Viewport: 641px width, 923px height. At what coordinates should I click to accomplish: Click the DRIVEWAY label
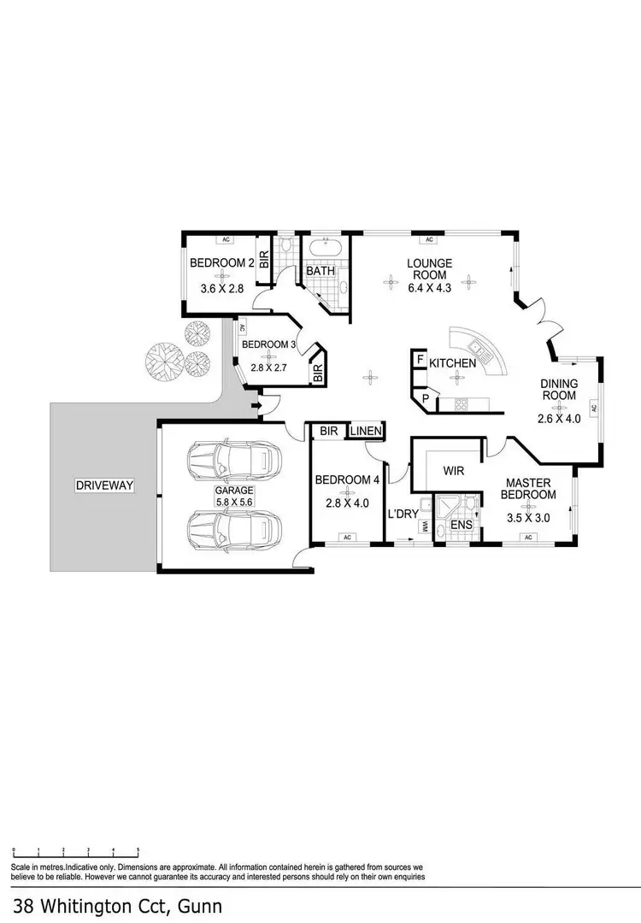(105, 485)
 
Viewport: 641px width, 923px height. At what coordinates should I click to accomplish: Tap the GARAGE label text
(233, 491)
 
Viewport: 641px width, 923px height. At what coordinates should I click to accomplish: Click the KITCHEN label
(452, 363)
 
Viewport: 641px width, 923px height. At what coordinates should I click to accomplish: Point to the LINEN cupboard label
(365, 432)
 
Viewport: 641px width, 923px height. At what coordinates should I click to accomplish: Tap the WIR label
(453, 470)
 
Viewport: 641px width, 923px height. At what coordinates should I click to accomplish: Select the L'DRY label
(401, 514)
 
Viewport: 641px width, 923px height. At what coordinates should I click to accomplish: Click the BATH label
(320, 272)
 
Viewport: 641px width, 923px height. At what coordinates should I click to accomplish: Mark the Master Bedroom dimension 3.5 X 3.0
(527, 518)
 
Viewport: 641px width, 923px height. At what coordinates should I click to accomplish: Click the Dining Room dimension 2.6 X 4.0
(559, 419)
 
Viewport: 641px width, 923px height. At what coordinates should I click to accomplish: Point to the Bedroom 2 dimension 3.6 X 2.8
(222, 289)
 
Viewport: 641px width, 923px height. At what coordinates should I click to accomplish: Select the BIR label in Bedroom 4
(329, 432)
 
